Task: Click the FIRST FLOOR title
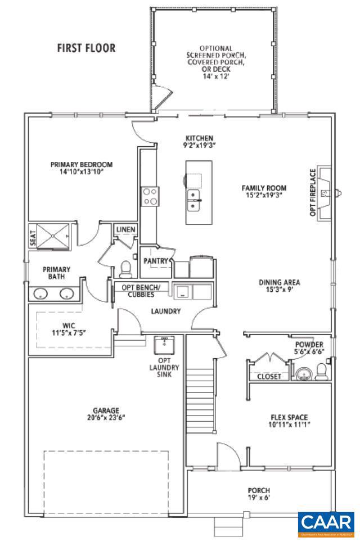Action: pyautogui.click(x=86, y=48)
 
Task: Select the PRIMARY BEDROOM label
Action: pyautogui.click(x=82, y=165)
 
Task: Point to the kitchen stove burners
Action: pyautogui.click(x=150, y=197)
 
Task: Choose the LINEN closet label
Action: pyautogui.click(x=125, y=229)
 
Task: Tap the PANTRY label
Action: pyautogui.click(x=156, y=261)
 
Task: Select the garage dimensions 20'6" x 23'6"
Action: pyautogui.click(x=106, y=418)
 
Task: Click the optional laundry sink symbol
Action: pyautogui.click(x=165, y=344)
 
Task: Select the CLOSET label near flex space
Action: pyautogui.click(x=269, y=376)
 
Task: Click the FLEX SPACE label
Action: pyautogui.click(x=289, y=417)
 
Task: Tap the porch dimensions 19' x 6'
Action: pyautogui.click(x=259, y=498)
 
